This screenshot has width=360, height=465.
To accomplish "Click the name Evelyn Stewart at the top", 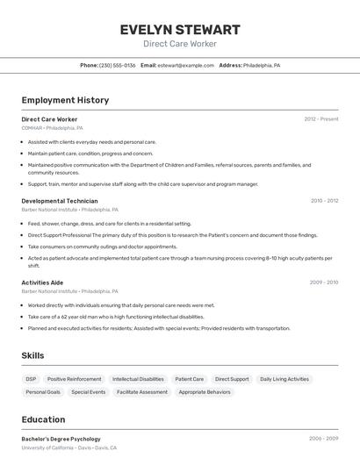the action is tap(179, 30).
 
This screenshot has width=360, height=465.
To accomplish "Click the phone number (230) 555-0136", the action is tap(118, 66).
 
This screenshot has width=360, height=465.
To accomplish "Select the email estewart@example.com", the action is tap(185, 66).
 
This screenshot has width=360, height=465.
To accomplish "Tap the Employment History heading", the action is tap(65, 100).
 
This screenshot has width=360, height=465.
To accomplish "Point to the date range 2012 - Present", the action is tap(320, 119).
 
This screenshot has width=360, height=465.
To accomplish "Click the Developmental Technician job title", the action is tap(60, 201).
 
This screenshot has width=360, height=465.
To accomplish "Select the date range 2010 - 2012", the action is tap(324, 201).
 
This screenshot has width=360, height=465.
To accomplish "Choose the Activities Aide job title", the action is tap(42, 283).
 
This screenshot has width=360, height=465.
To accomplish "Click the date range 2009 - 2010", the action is tap(324, 283).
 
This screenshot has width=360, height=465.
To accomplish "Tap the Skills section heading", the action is tap(32, 355).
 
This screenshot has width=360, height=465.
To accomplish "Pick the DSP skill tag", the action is tap(31, 379).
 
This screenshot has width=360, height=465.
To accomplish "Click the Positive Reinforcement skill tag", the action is tap(74, 379).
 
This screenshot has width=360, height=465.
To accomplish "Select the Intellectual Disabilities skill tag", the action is tap(138, 379).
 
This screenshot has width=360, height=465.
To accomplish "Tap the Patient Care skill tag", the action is tap(189, 379).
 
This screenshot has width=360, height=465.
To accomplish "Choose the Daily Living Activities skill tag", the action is tap(284, 379).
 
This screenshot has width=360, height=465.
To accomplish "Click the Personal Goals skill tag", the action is tap(43, 392).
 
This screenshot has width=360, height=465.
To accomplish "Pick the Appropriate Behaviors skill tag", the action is tap(205, 392).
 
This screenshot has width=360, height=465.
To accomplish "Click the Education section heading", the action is tap(43, 419).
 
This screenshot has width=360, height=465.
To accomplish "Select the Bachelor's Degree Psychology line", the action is tap(61, 439).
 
